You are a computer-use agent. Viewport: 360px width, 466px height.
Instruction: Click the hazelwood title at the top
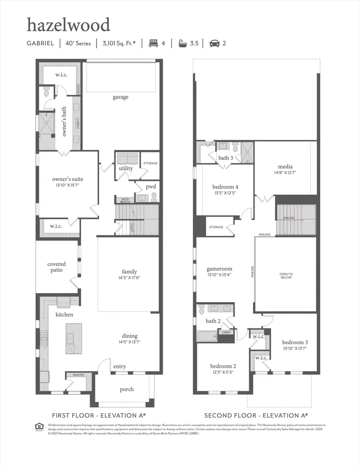[x=68, y=25]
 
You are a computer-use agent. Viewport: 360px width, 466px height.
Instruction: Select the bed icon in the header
[x=153, y=43]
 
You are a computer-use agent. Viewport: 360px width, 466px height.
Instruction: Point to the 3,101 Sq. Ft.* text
[x=118, y=43]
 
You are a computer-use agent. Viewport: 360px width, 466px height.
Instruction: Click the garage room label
[x=120, y=97]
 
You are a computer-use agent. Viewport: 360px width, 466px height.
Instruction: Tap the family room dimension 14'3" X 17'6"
[x=129, y=278]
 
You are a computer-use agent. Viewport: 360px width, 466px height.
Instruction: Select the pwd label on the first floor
[x=151, y=187]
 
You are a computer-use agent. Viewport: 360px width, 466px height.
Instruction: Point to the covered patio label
[x=56, y=267]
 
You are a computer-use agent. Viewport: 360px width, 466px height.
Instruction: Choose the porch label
[x=127, y=389]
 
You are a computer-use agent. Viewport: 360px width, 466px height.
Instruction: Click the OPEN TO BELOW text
[x=286, y=275]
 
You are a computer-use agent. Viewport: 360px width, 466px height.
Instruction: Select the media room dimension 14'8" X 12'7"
[x=285, y=173]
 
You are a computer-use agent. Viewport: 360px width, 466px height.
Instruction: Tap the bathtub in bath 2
[x=206, y=335]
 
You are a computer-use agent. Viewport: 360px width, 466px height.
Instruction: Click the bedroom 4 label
[x=225, y=187]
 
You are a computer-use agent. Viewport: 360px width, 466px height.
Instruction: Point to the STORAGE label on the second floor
[x=216, y=227]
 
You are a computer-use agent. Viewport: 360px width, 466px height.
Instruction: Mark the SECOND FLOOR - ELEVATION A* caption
[x=256, y=415]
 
